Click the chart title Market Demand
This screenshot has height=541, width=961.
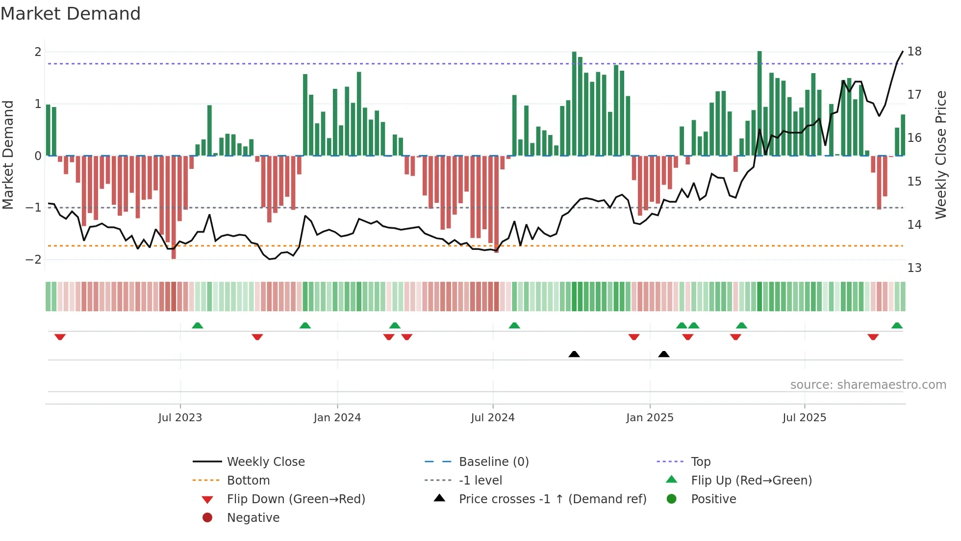coord(71,14)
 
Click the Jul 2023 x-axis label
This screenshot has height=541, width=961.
coord(180,418)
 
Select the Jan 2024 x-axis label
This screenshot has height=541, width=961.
coord(337,418)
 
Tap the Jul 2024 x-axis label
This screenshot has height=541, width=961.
coord(492,418)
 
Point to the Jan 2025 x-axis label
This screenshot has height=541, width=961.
coord(650,418)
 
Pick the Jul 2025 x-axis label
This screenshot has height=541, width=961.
coord(804,418)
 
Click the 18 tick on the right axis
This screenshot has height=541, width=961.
coord(914,52)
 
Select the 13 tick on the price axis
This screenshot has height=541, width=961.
coord(914,268)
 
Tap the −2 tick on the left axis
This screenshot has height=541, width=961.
coord(34,259)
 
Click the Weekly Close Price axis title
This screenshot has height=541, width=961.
coord(940,155)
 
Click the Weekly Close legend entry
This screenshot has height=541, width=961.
coord(265,462)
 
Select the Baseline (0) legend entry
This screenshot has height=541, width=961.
coord(493,462)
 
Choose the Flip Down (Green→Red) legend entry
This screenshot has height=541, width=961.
coord(296,499)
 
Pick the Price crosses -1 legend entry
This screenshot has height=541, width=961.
coord(552,499)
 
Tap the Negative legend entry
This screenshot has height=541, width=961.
coord(253,518)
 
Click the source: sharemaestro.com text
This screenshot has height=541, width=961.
coord(868,385)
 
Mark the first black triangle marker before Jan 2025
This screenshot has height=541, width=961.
coord(574,354)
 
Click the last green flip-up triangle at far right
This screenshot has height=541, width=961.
coord(897,325)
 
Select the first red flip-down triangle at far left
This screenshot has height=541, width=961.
coord(60,337)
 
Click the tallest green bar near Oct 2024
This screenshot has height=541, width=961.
coord(574,103)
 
